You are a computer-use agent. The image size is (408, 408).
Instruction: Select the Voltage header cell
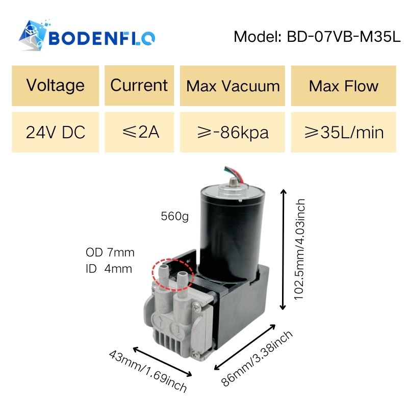pyautogui.click(x=55, y=85)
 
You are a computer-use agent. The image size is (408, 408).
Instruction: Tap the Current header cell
pyautogui.click(x=139, y=85)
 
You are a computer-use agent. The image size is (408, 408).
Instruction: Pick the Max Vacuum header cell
pyautogui.click(x=233, y=85)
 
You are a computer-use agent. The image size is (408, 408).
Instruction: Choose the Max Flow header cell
pyautogui.click(x=343, y=85)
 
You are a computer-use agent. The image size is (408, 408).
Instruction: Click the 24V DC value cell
pyautogui.click(x=55, y=133)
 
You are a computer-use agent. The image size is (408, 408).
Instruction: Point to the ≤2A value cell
pyautogui.click(x=139, y=133)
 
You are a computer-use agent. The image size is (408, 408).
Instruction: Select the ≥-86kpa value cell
pyautogui.click(x=233, y=133)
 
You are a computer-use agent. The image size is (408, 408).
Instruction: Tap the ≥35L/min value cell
pyautogui.click(x=343, y=133)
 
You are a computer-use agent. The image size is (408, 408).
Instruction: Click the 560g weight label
pyautogui.click(x=174, y=217)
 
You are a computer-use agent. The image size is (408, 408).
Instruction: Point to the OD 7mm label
pyautogui.click(x=110, y=252)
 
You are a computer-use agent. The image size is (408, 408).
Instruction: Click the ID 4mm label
pyautogui.click(x=109, y=268)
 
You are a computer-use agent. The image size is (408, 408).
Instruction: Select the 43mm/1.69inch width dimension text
pyautogui.click(x=148, y=371)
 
